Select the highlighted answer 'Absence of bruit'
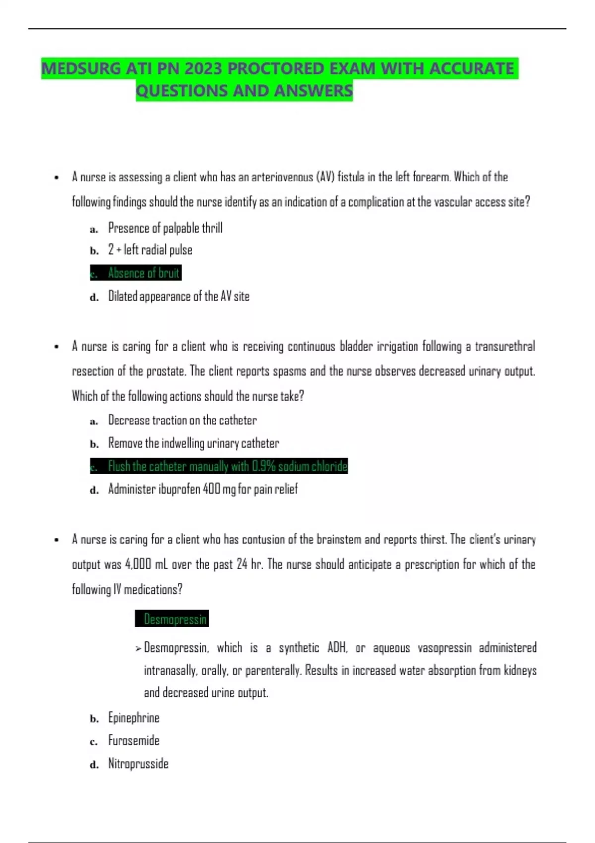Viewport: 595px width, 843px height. [143, 273]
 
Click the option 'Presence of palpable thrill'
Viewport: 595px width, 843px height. [165, 228]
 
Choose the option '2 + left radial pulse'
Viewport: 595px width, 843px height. [150, 250]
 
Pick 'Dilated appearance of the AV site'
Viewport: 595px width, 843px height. [178, 296]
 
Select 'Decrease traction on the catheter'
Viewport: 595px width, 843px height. [182, 421]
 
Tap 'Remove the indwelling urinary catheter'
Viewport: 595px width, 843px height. [193, 443]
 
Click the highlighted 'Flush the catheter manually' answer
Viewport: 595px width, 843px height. [227, 466]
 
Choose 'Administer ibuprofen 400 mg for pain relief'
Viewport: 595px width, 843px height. [203, 489]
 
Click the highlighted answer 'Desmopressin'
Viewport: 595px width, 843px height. [175, 619]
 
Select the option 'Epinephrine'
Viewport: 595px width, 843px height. [133, 718]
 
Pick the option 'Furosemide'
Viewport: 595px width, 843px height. [133, 740]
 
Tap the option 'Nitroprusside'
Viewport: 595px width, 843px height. [138, 764]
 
